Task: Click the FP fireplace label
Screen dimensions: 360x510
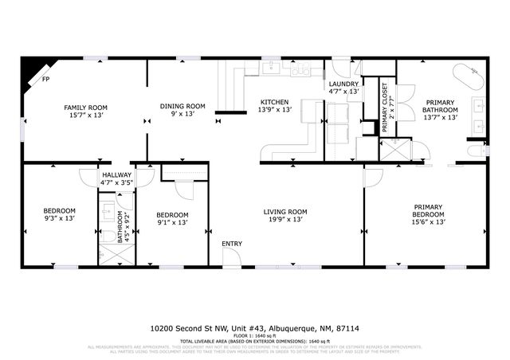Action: [x=46, y=80]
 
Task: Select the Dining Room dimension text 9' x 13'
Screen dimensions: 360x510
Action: [x=182, y=115]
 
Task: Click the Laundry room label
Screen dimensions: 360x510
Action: [x=343, y=84]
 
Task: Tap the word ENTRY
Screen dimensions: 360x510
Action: [x=232, y=244]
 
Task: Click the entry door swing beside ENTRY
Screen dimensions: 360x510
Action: [x=232, y=257]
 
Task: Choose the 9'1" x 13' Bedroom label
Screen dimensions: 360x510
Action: [x=172, y=219]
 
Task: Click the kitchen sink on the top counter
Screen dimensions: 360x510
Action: [x=301, y=72]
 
